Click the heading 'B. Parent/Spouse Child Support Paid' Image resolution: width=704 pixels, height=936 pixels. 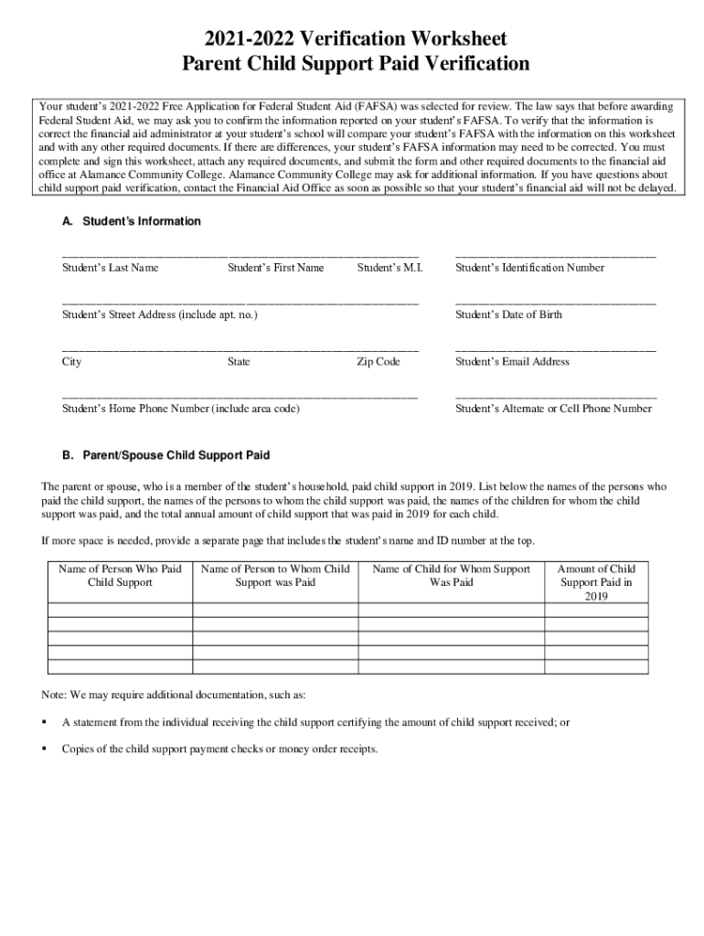(165, 455)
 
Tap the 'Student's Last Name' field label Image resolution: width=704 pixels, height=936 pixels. (110, 268)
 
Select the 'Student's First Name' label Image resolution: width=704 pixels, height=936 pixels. (275, 268)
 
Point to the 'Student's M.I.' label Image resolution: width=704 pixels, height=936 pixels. (389, 268)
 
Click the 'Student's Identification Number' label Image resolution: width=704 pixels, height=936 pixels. (529, 268)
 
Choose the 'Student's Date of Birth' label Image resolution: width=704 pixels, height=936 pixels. (508, 314)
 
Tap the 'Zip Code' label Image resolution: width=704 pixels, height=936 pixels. (378, 362)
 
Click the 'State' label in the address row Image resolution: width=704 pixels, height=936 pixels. (239, 362)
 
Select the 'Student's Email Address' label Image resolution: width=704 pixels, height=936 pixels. (512, 362)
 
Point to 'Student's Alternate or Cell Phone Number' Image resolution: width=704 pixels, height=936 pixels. (553, 409)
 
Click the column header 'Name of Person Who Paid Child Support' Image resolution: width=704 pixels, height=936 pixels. (120, 575)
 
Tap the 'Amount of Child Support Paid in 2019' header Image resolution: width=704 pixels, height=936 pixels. (596, 582)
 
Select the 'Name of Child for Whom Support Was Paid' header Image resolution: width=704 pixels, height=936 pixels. (451, 575)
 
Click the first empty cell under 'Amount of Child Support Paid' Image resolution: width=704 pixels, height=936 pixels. (596, 611)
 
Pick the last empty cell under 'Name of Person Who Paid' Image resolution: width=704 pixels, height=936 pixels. (120, 666)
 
